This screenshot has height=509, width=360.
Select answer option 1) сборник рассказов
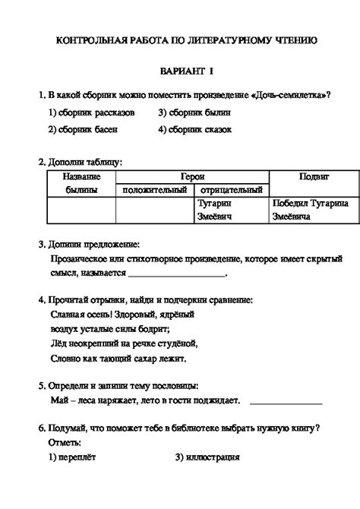click(x=91, y=112)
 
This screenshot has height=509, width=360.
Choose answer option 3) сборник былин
click(x=194, y=112)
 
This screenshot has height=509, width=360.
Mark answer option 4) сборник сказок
click(x=195, y=129)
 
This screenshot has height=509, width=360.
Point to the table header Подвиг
click(x=314, y=175)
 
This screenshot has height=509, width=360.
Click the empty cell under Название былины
click(x=81, y=210)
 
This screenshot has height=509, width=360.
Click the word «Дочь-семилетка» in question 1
click(x=294, y=95)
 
